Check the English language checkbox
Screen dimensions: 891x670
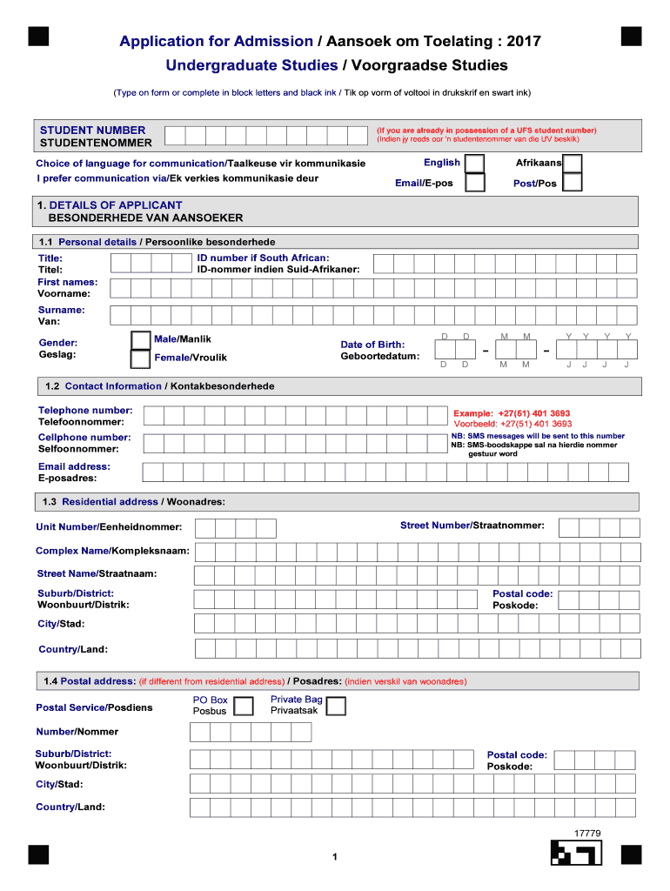tap(475, 164)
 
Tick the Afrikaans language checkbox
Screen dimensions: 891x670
tap(573, 164)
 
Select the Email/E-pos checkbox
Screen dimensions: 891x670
tap(475, 183)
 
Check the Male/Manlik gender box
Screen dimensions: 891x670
tap(139, 339)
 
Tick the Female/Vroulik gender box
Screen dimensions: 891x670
tap(139, 358)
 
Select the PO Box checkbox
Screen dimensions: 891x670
tap(244, 705)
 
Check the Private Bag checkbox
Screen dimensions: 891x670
tap(335, 705)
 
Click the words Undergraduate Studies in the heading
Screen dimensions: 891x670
tap(251, 65)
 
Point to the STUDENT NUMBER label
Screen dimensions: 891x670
tap(92, 131)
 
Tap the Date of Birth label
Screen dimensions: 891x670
tap(372, 345)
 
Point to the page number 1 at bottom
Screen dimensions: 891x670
tap(334, 859)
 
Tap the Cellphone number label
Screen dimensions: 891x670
tap(84, 438)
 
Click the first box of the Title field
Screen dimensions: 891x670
tap(119, 264)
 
